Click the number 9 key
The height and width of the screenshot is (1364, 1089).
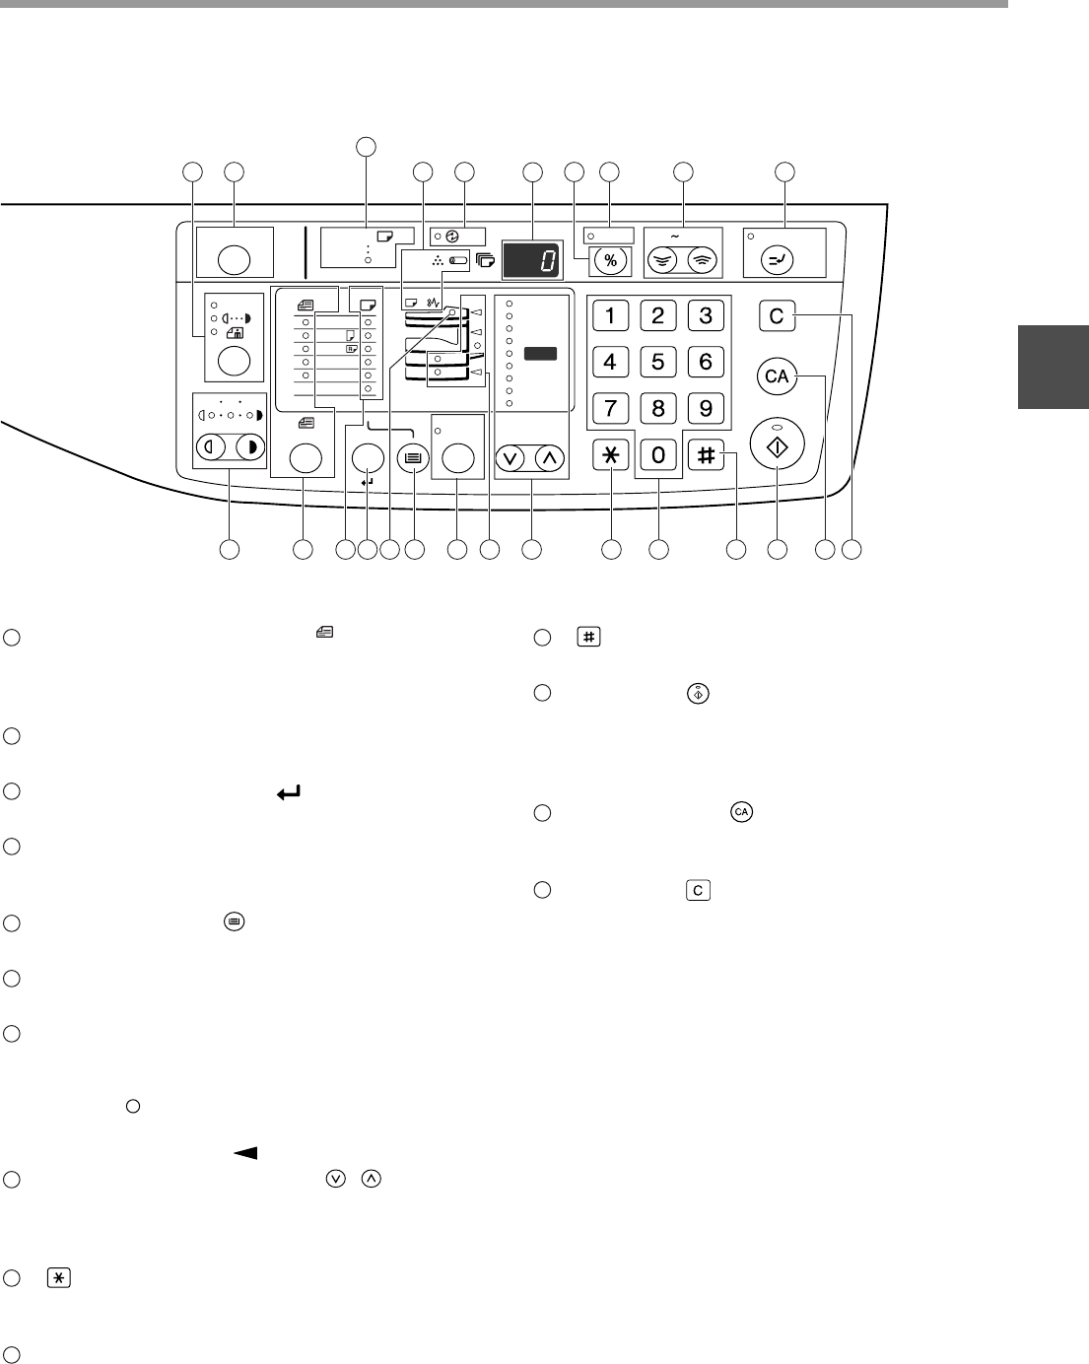coord(706,406)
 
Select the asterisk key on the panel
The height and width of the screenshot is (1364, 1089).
coord(611,454)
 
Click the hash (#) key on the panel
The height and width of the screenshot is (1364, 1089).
coord(706,454)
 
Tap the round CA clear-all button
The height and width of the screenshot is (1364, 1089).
coord(777,375)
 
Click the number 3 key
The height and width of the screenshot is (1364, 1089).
coord(706,315)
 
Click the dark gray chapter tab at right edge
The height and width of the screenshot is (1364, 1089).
coord(1053,367)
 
